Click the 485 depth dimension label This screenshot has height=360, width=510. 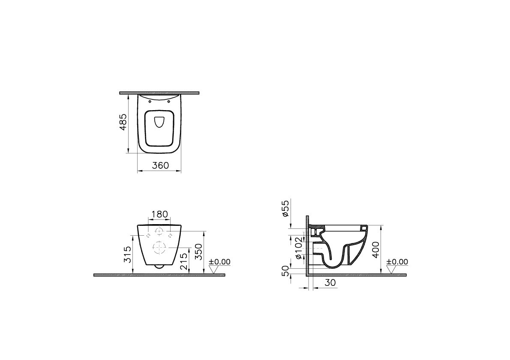pos(123,122)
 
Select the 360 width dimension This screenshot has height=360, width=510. pos(161,165)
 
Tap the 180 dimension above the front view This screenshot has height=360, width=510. pos(160,214)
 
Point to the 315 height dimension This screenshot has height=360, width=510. pos(127,254)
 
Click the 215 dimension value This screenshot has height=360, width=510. pos(184,262)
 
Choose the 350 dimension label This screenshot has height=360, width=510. pos(198,252)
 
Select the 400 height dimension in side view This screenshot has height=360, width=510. pos(375,249)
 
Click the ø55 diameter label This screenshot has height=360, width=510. pos(285,208)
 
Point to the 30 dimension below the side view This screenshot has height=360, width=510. pos(330,283)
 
